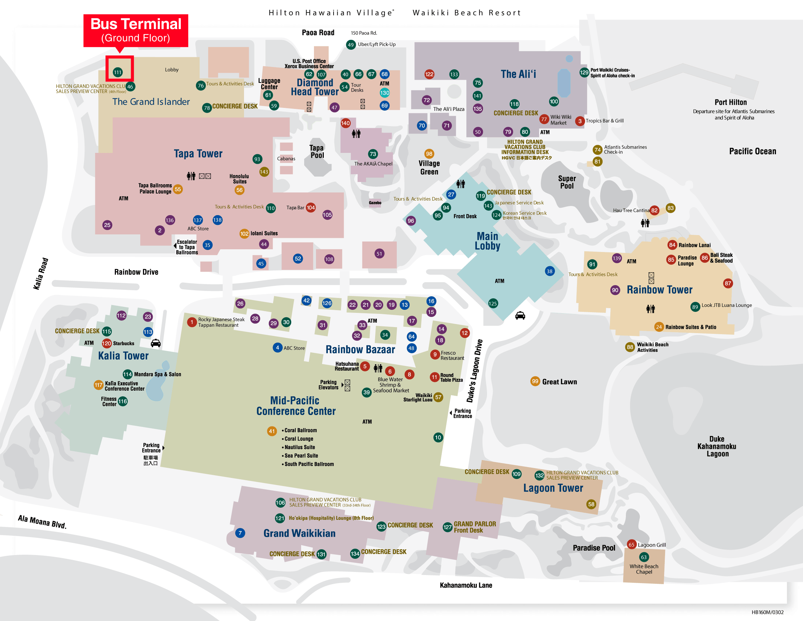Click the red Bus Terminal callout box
click(x=136, y=30)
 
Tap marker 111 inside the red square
click(x=118, y=72)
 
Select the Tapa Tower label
click(x=198, y=154)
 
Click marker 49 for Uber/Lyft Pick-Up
click(x=351, y=45)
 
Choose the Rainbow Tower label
click(x=659, y=290)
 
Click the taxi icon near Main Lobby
click(x=520, y=316)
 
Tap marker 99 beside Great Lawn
click(x=535, y=382)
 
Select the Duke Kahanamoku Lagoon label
click(x=716, y=446)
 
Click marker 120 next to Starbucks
click(x=106, y=343)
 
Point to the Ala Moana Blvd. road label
click(x=42, y=521)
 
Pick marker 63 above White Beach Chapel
click(x=643, y=557)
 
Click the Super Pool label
click(x=566, y=182)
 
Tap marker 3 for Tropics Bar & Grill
click(x=580, y=121)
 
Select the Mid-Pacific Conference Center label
click(x=296, y=406)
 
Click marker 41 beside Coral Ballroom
click(x=272, y=431)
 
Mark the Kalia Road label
click(x=41, y=274)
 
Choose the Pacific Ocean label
click(x=752, y=151)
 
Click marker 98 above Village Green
click(x=429, y=154)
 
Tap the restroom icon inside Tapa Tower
click(x=191, y=176)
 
